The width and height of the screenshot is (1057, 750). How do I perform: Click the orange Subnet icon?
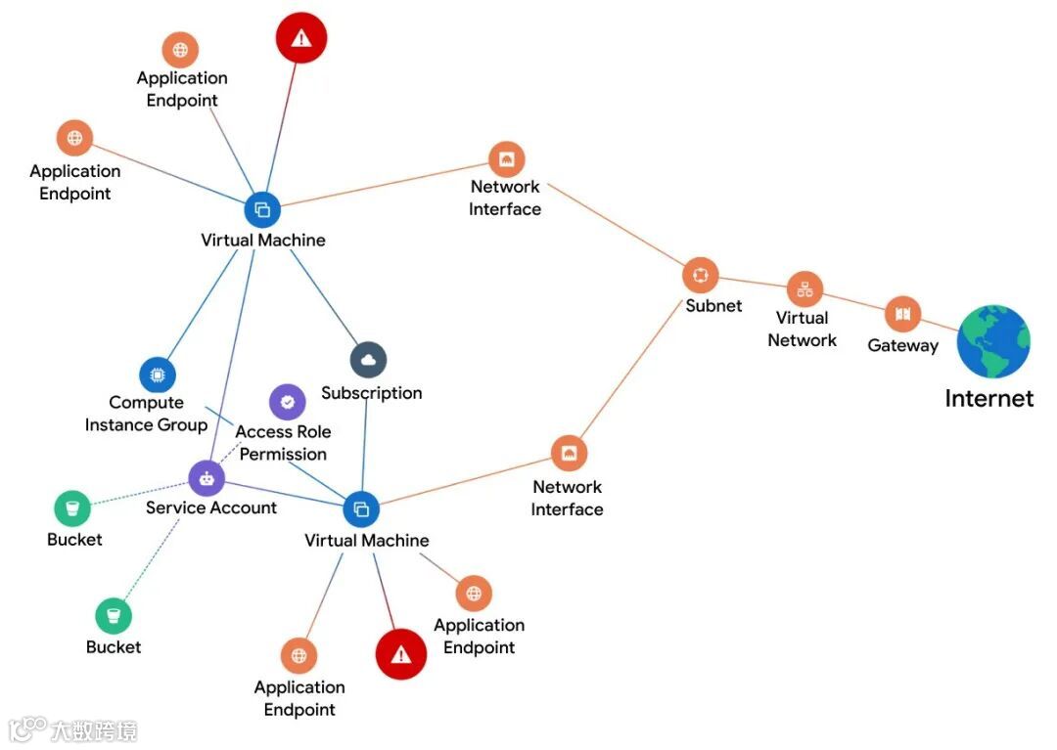click(x=700, y=275)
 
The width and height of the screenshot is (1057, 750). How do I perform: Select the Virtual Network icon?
click(x=804, y=289)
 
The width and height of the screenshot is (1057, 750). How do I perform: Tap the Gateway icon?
click(x=902, y=314)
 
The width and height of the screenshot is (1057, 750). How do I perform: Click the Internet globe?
click(x=993, y=341)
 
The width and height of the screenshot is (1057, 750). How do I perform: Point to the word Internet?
click(x=988, y=399)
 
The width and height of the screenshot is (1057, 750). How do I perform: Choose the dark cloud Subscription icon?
click(x=368, y=360)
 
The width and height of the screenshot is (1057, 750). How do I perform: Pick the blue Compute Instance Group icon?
click(x=157, y=375)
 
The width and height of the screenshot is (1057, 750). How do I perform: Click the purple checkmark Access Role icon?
click(x=287, y=401)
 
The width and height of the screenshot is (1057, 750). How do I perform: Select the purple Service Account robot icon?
click(x=207, y=478)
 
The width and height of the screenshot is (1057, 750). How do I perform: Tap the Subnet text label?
click(x=713, y=306)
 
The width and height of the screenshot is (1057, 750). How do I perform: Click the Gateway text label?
click(x=902, y=345)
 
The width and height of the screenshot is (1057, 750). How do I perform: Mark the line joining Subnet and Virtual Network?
click(x=752, y=282)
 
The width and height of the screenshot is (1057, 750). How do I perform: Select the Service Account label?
click(x=211, y=507)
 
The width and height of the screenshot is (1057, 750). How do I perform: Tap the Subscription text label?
click(x=372, y=393)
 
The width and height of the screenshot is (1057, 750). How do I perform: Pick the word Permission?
click(x=283, y=455)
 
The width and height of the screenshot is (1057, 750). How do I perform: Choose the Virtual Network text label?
click(x=803, y=330)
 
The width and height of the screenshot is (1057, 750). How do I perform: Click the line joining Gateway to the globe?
click(x=941, y=324)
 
